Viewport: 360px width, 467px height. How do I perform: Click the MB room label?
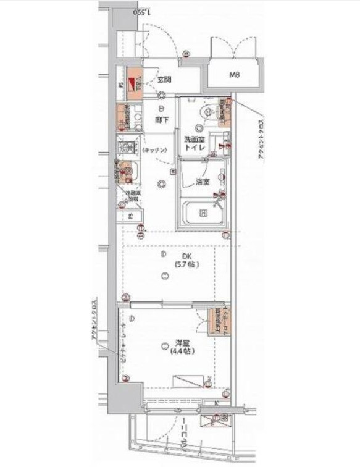235,76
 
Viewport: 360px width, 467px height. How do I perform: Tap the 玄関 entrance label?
163,80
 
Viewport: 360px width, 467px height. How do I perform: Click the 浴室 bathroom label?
202,182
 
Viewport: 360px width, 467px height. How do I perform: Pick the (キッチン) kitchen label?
153,151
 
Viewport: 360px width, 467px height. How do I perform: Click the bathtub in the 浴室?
203,214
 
